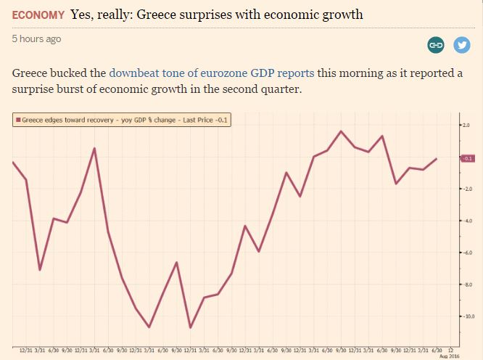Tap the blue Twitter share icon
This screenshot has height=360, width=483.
coord(461,45)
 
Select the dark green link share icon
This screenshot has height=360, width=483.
coord(436,45)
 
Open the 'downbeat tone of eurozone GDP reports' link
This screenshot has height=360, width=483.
coord(212,73)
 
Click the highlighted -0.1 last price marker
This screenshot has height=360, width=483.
coord(467,157)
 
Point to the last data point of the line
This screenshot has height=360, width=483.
coord(437,158)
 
